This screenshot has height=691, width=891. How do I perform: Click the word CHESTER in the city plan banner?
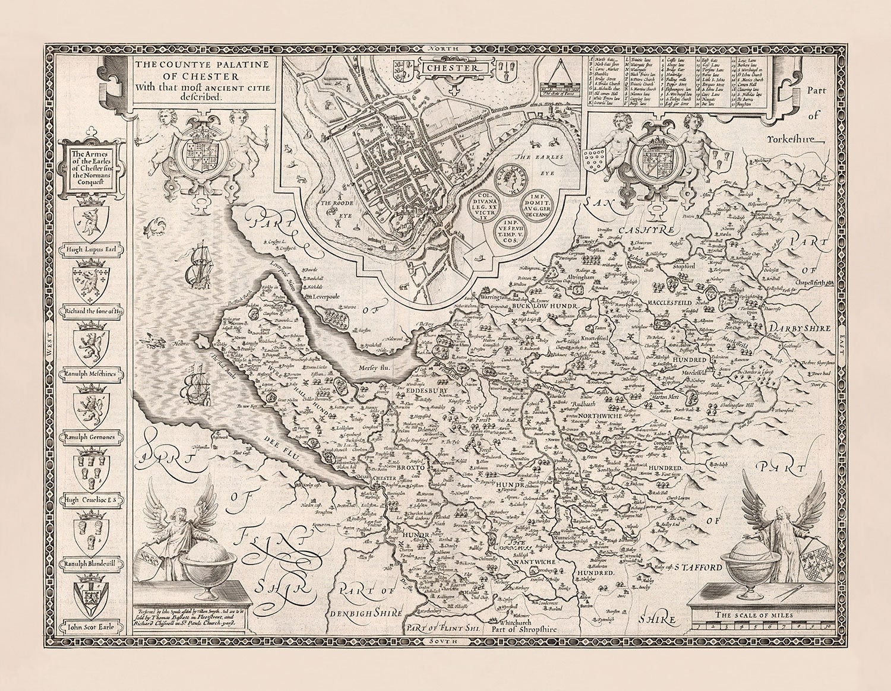453,68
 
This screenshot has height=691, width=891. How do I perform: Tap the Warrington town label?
493,297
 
